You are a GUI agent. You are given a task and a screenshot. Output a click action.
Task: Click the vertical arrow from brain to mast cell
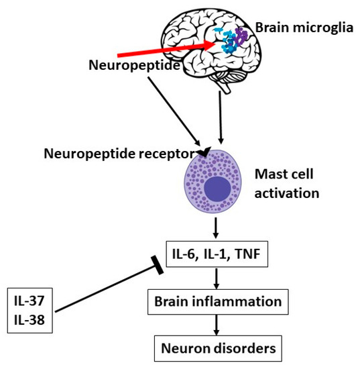[x=221, y=121]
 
